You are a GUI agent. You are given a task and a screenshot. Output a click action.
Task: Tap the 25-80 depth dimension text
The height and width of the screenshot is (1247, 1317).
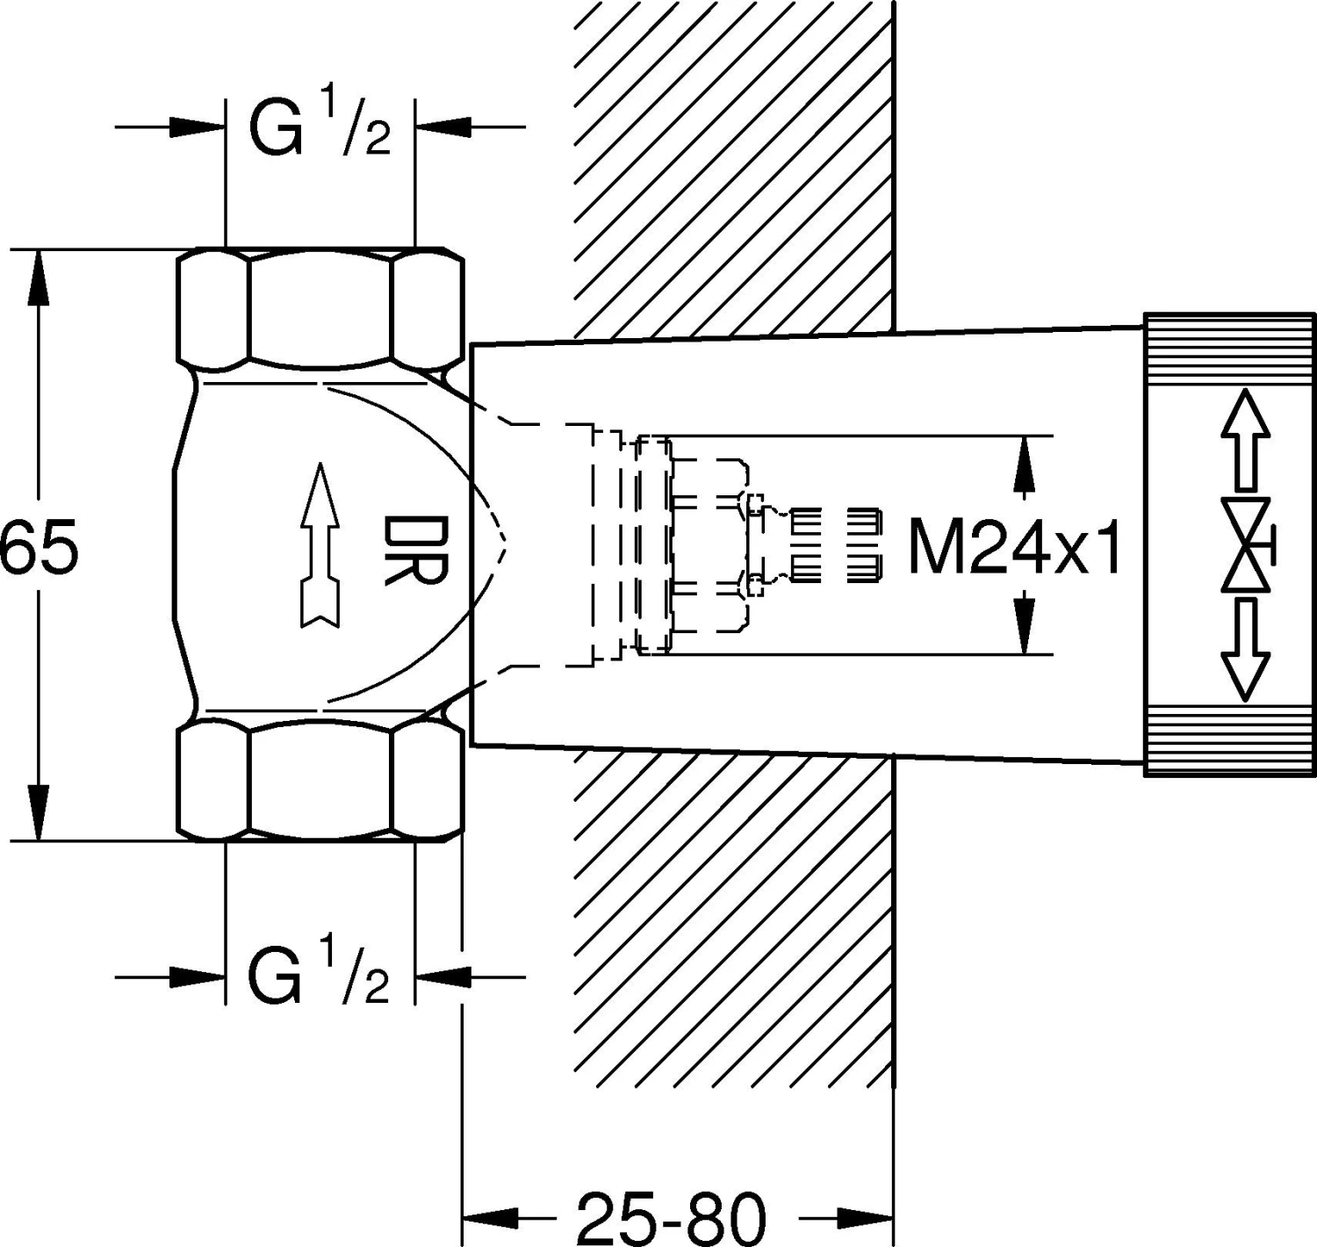[671, 1217]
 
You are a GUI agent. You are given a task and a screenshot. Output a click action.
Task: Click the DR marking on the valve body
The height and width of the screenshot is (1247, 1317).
[416, 550]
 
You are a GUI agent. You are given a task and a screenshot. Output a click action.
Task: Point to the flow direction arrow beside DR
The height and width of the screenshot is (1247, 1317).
[320, 544]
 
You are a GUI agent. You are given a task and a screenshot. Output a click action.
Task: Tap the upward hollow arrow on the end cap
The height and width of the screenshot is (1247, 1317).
[1245, 439]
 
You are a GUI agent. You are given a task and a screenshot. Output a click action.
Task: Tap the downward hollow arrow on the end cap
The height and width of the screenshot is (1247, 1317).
[1245, 651]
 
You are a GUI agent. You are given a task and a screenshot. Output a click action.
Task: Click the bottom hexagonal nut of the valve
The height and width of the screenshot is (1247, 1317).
[320, 779]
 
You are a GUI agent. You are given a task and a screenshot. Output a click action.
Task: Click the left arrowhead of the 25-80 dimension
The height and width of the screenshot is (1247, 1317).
[492, 1217]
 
